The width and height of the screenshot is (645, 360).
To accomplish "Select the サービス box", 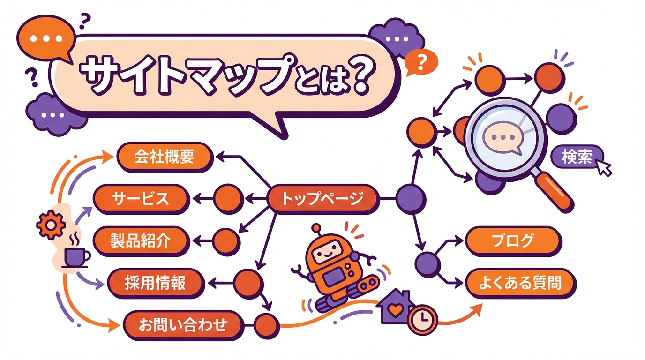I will point(140,199).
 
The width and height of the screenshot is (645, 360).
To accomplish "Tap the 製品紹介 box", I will point(141,241).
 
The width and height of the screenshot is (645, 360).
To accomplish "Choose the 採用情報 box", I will point(155,283).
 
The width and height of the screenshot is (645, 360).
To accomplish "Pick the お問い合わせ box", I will point(183,324).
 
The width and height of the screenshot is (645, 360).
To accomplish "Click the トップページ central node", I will point(322,199).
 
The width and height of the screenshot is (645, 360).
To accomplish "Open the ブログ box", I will point(513,241).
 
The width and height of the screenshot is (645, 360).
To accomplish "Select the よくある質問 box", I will point(519,283).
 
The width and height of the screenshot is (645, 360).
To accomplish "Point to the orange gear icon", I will point(48,225).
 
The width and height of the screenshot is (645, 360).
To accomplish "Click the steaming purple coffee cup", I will point(75,255).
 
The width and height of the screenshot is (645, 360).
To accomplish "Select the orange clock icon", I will point(423,319).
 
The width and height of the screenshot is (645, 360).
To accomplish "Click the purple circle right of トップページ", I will point(411,199).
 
